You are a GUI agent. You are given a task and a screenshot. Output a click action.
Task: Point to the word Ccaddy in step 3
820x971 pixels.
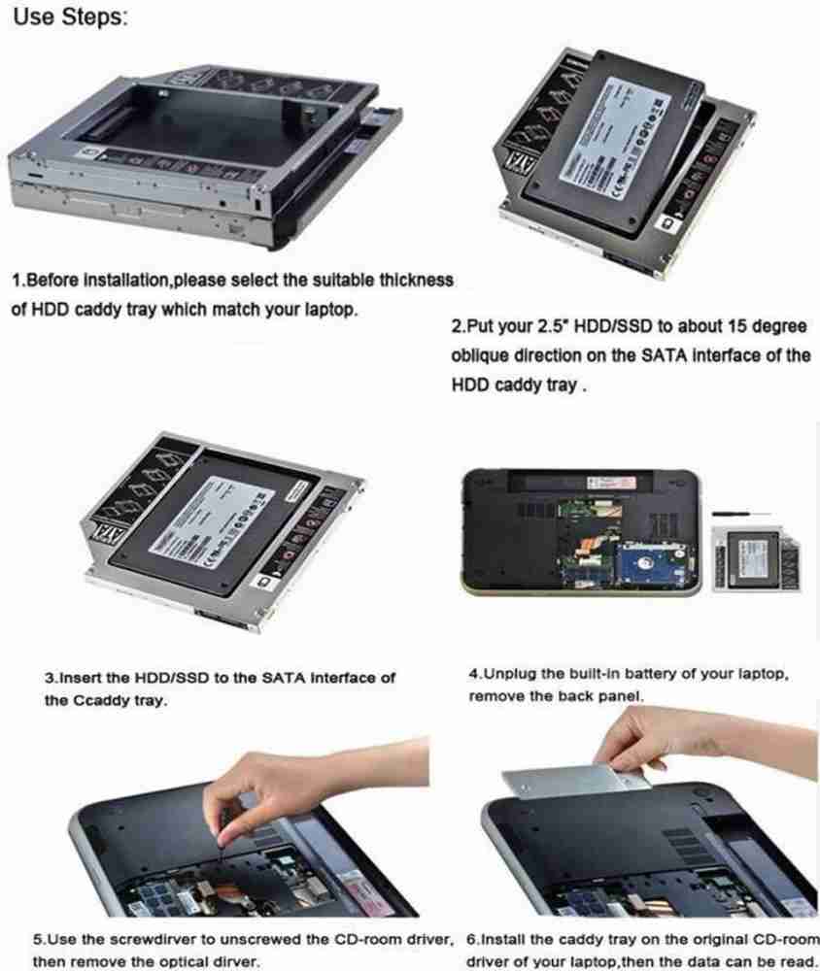[x=105, y=699]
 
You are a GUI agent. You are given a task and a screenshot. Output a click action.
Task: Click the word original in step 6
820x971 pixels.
[x=721, y=940]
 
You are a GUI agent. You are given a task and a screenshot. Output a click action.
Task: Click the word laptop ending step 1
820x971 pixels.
[x=329, y=311]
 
